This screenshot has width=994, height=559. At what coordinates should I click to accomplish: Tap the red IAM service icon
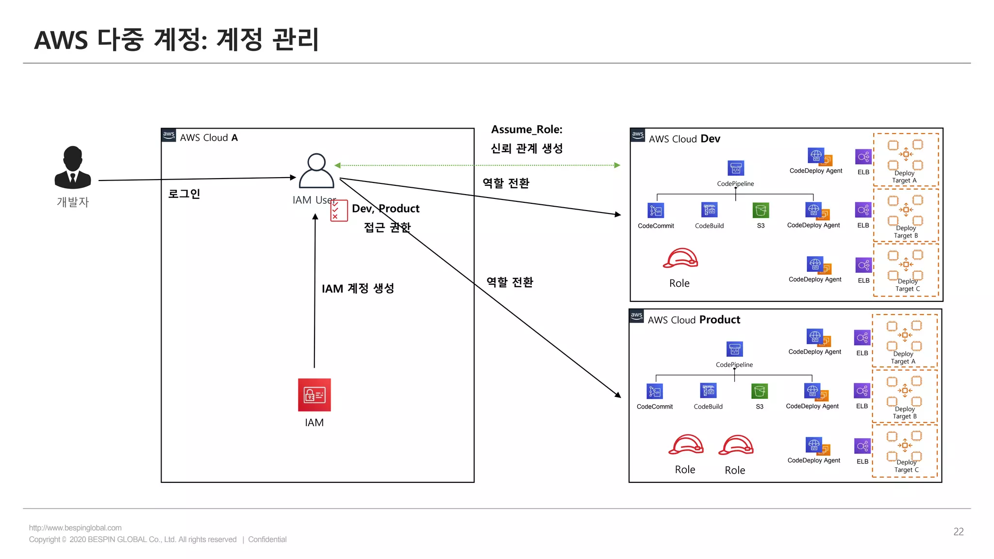(x=315, y=395)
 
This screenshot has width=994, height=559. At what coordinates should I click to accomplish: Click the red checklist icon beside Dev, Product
(x=339, y=211)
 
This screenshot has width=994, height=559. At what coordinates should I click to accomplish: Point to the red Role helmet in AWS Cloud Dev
(x=680, y=258)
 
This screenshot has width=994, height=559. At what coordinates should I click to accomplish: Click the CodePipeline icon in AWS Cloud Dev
(x=736, y=168)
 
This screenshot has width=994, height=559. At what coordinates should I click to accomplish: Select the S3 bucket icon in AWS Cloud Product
(x=760, y=391)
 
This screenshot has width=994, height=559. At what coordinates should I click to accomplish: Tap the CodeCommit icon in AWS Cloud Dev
(x=656, y=211)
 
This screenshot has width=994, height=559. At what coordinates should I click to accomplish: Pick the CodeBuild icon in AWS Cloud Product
(x=709, y=391)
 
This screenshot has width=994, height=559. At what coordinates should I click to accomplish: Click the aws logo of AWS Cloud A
(x=169, y=135)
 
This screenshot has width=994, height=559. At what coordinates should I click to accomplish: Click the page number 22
(x=959, y=532)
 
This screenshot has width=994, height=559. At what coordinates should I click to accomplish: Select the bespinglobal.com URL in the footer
(x=75, y=528)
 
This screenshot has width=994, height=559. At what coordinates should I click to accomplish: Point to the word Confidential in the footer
(x=267, y=540)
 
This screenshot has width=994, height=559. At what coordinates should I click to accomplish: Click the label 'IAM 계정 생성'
(x=358, y=289)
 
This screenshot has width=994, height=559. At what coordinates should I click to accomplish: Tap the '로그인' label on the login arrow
(x=184, y=194)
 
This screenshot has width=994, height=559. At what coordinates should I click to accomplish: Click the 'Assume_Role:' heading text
(x=527, y=130)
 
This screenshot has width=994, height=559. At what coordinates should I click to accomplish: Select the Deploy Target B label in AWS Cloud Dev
(x=906, y=232)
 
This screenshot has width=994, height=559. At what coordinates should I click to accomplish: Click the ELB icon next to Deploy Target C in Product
(x=862, y=445)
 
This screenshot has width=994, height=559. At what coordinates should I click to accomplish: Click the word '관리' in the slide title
(x=296, y=40)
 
